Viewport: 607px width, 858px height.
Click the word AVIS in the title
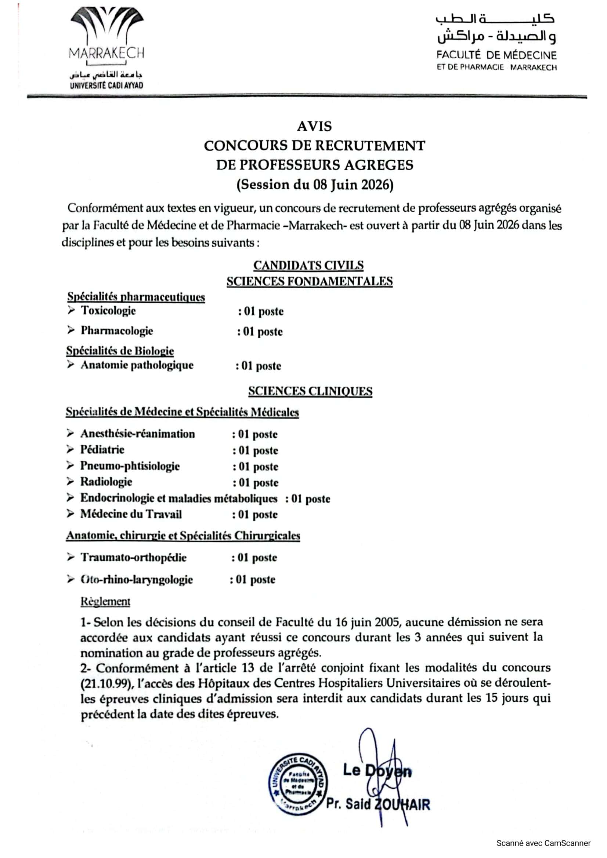click(x=314, y=126)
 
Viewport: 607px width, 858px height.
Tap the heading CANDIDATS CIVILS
click(x=308, y=265)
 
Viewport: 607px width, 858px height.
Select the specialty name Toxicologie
click(x=108, y=311)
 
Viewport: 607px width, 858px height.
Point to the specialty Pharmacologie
click(x=117, y=331)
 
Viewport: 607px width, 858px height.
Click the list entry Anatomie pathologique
click(x=137, y=365)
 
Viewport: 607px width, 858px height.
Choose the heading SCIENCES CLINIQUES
click(x=310, y=391)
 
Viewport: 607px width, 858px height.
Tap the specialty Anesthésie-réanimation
click(x=138, y=434)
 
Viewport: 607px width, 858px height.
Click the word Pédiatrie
click(x=102, y=450)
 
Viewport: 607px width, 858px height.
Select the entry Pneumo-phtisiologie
click(x=130, y=466)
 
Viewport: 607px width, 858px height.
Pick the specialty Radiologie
click(x=106, y=482)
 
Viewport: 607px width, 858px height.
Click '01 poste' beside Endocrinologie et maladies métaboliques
click(x=310, y=499)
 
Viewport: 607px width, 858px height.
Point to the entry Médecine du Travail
click(x=131, y=514)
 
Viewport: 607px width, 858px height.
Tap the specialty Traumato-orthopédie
click(x=134, y=558)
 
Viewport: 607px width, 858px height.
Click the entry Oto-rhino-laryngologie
click(x=137, y=580)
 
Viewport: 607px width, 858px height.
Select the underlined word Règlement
click(x=105, y=602)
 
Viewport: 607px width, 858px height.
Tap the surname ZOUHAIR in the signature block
click(x=402, y=804)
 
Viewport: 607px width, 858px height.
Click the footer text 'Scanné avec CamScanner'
click(x=543, y=843)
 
